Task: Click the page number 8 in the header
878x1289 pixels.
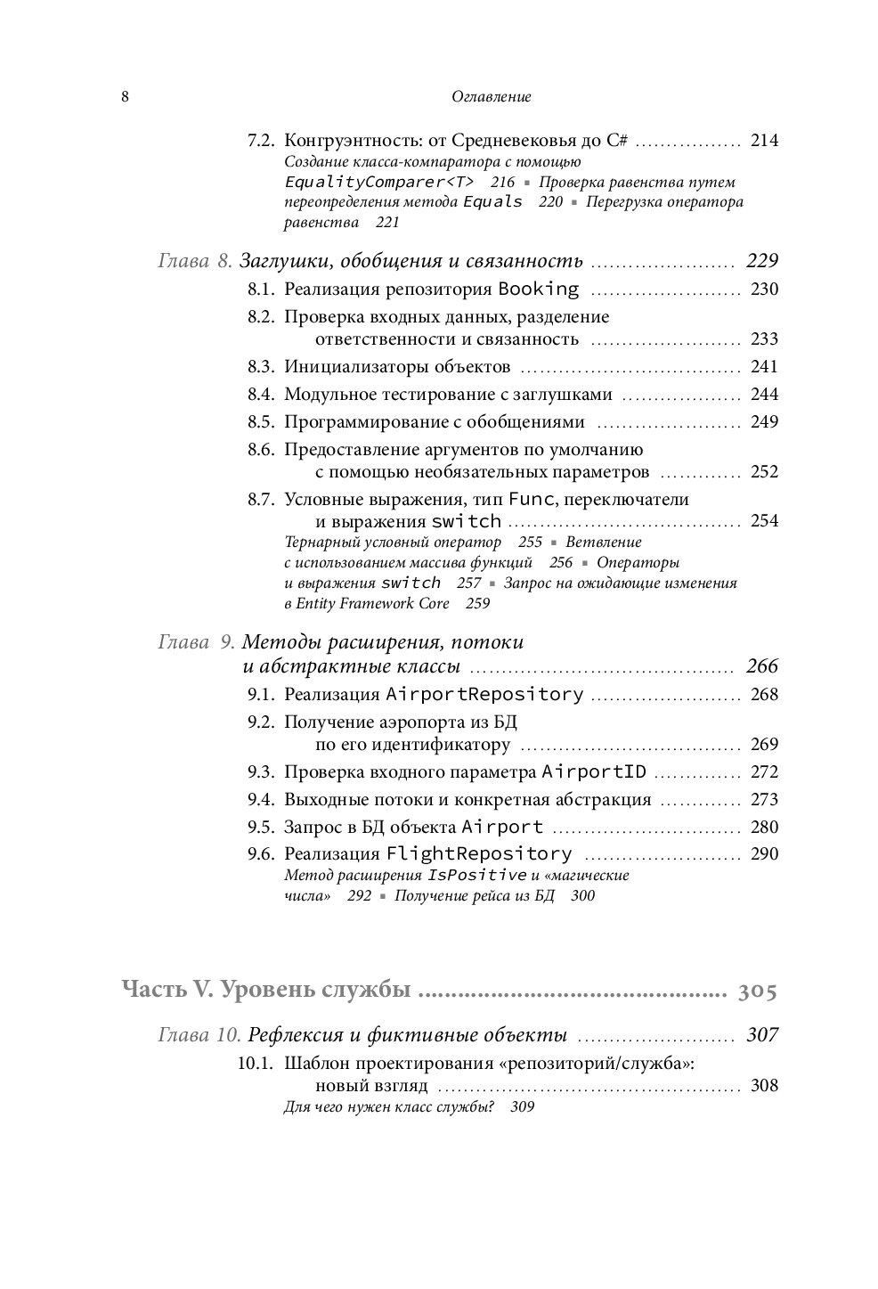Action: coord(126,97)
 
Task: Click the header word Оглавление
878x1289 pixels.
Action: coord(492,97)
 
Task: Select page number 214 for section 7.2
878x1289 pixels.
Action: coord(764,141)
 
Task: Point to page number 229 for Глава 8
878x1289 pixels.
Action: coord(761,261)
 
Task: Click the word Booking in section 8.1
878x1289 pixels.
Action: coord(538,290)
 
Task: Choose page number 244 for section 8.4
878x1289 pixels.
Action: coord(764,395)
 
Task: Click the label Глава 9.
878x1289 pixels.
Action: coord(196,642)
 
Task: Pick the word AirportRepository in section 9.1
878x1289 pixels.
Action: coord(484,695)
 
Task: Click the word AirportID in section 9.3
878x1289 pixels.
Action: coord(594,772)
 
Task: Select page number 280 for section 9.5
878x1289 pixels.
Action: coord(764,828)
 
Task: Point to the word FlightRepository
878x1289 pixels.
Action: coord(479,855)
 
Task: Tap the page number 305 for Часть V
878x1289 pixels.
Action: coord(758,991)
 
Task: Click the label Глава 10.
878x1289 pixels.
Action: coord(199,1035)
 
